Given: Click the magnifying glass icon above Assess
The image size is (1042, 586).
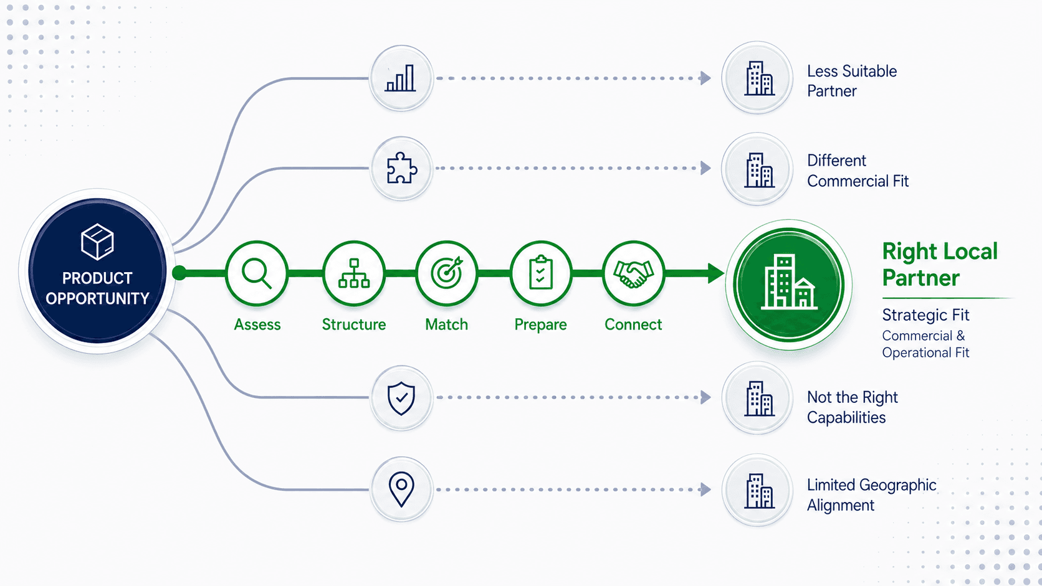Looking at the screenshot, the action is (x=256, y=274).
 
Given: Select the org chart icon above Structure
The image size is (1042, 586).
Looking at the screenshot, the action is (x=354, y=273).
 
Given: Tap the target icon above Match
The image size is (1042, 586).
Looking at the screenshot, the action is (x=447, y=272).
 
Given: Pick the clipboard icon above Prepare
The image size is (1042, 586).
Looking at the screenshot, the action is (x=540, y=272).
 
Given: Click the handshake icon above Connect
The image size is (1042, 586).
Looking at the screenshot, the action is (x=633, y=274).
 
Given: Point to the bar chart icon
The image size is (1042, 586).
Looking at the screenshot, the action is (x=401, y=78).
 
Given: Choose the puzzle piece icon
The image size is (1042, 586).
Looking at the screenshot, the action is (x=401, y=168).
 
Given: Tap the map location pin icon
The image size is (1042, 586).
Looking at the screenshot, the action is (x=401, y=489).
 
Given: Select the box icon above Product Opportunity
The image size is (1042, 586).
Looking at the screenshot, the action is (x=97, y=242).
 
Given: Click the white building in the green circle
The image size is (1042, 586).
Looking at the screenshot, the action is (x=789, y=281).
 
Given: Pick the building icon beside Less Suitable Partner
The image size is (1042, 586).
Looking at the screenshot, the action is (x=759, y=78).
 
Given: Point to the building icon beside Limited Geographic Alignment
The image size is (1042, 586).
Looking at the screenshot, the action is (x=759, y=491).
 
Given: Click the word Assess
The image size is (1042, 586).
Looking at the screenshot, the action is (x=257, y=324).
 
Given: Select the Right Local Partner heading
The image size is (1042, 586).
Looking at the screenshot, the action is (x=940, y=265).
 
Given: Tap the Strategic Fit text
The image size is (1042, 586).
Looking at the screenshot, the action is (x=925, y=315).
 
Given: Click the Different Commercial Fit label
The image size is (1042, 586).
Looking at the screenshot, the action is (x=858, y=171).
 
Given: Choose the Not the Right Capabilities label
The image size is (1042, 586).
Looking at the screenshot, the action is (x=852, y=407).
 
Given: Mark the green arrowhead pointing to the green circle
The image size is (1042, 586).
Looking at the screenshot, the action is (x=716, y=273).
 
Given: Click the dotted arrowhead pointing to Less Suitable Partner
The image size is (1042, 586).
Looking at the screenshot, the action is (x=705, y=78).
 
